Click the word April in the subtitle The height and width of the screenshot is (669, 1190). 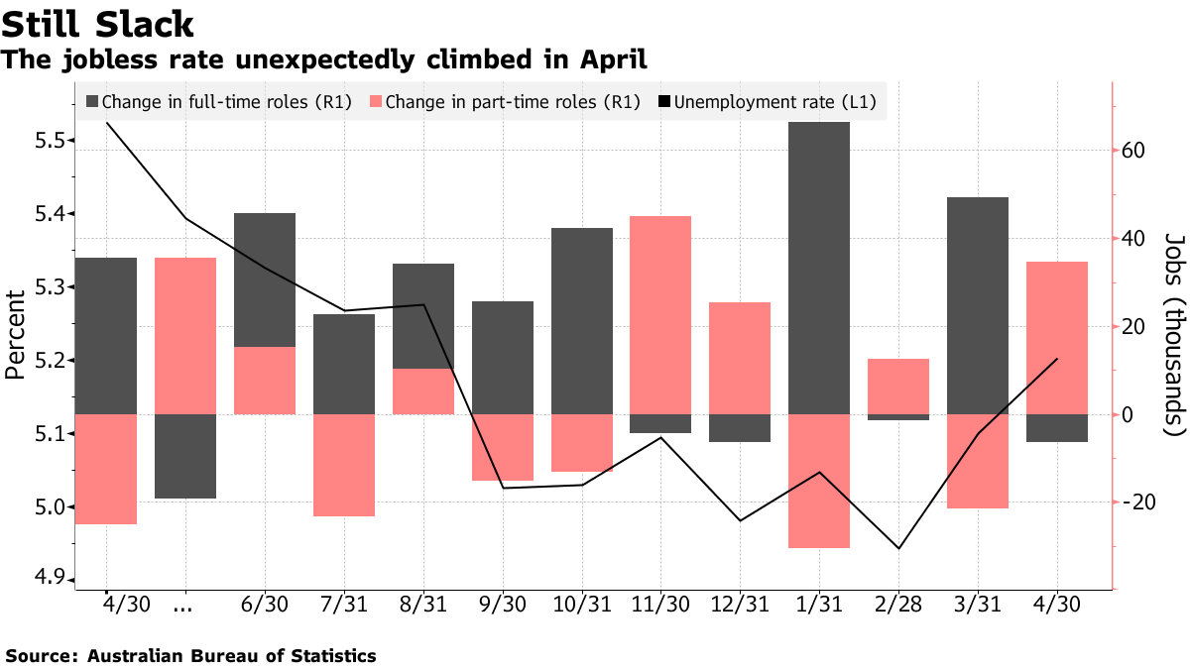coord(612,60)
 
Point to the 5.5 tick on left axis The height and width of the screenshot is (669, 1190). coord(49,141)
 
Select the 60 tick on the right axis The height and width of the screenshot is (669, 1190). coord(1132,151)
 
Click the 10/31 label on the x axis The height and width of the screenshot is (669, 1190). coord(581,606)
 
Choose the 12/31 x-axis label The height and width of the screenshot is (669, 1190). coord(740,606)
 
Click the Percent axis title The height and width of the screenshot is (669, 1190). coord(14,334)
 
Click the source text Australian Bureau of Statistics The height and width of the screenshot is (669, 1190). coord(232,655)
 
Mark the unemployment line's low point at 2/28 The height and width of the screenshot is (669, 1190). coord(898,548)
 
